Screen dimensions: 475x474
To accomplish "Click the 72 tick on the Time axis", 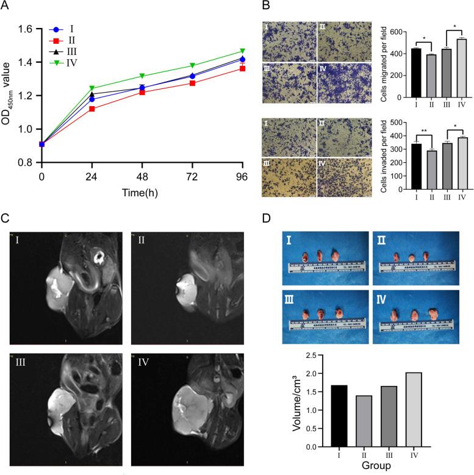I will click(x=193, y=177).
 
